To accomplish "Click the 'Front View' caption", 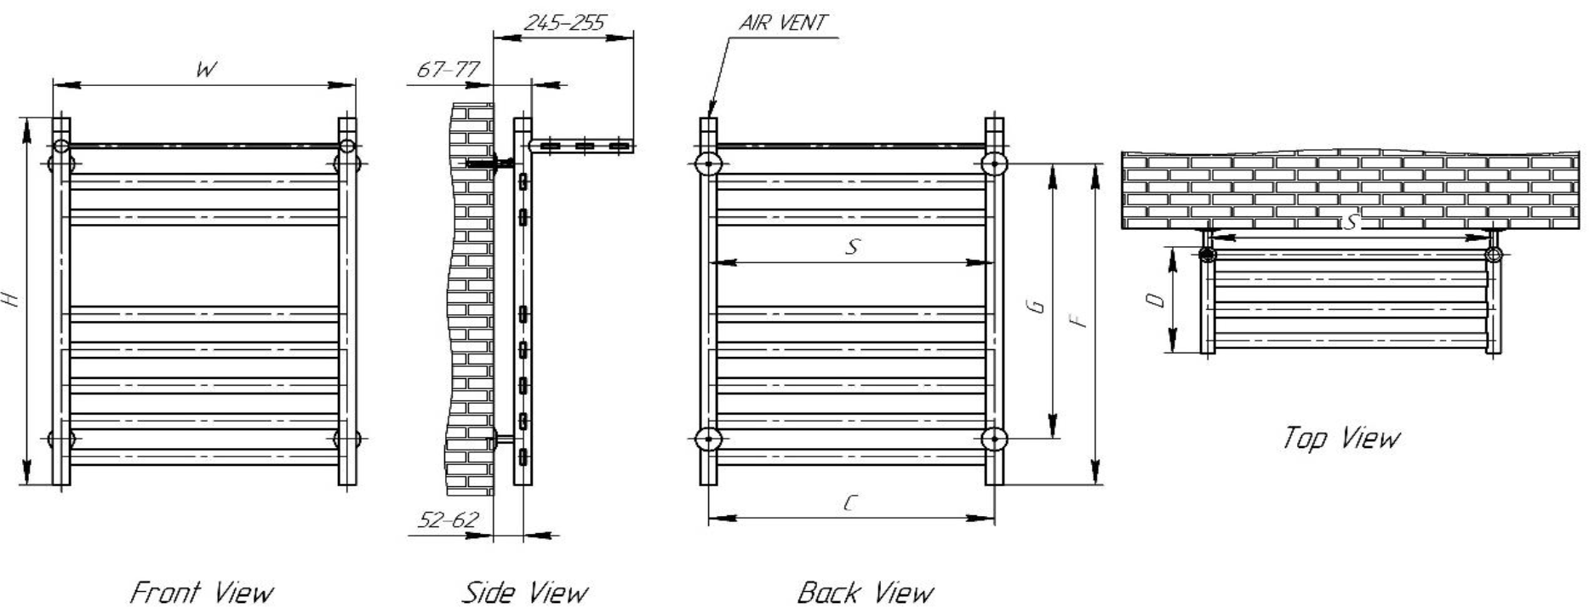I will point(202,592).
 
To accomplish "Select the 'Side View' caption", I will point(524,592).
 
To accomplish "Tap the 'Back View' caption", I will point(865,592).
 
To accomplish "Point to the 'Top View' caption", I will point(1340,438).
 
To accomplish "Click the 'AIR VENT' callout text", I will point(782,23).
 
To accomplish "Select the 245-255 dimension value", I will point(563,23).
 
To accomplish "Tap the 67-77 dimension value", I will point(448,70).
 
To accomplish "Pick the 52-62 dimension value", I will point(448,519).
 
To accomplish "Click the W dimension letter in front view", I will point(205,70).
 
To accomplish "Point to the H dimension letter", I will point(10,299).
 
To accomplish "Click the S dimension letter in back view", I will point(852,247).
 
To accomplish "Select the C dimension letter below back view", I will point(850,503).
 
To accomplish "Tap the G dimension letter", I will point(1037,306).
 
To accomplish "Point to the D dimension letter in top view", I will point(1155,300).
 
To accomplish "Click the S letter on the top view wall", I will point(1350,223).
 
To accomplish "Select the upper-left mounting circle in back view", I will point(708,163).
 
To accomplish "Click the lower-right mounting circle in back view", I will point(994,439).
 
